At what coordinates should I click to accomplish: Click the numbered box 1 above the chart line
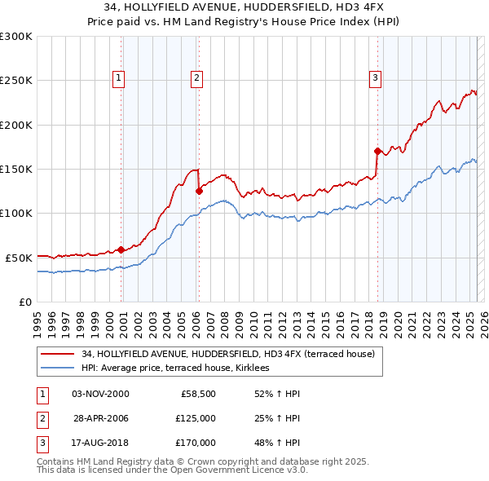coord(119,78)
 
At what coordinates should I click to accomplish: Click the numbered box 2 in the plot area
coord(197,78)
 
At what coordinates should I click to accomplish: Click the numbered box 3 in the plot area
coord(375,78)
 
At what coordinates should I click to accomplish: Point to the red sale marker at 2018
coord(377,151)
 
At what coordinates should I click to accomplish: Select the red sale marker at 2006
coord(199,191)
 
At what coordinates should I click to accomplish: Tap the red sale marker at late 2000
coord(121,249)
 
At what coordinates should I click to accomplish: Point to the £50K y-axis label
coord(19,258)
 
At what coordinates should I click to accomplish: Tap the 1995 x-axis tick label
coord(37,318)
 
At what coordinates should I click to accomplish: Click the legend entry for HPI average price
coord(181,368)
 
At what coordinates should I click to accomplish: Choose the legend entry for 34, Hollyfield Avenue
coord(227,354)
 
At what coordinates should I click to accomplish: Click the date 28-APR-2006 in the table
coord(101,418)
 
